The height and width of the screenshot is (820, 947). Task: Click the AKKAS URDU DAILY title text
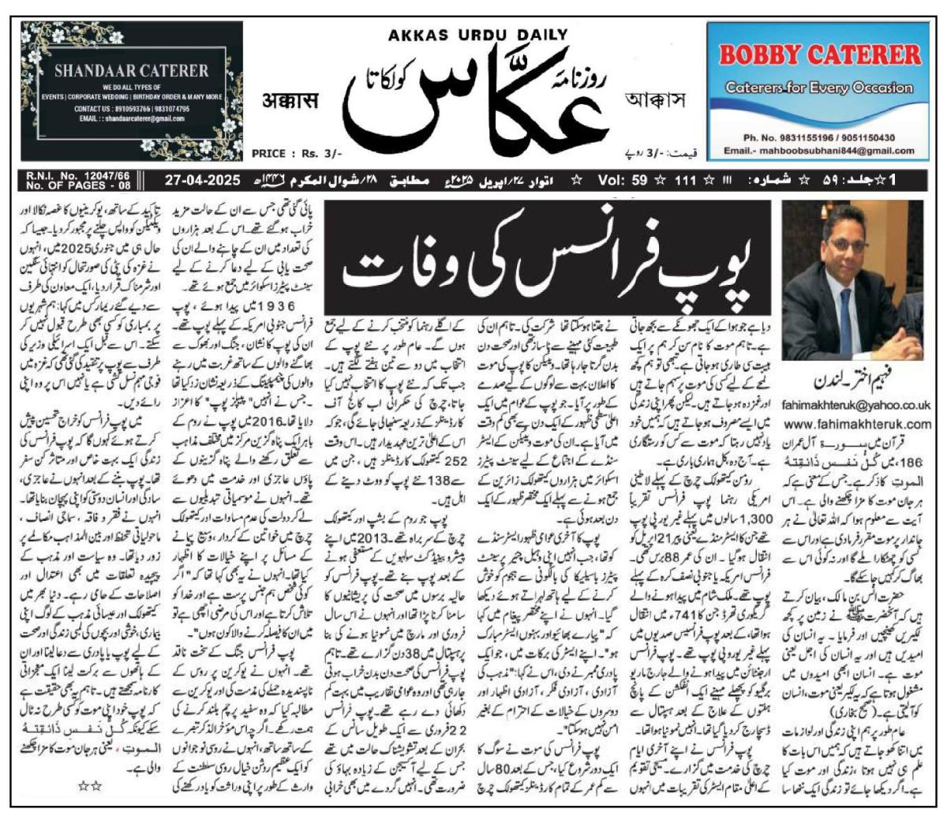(x=477, y=34)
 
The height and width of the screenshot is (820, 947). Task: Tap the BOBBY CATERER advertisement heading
(x=814, y=56)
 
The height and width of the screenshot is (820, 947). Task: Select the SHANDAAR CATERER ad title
(x=132, y=71)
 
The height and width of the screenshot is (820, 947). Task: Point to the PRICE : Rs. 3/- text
(x=297, y=154)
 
